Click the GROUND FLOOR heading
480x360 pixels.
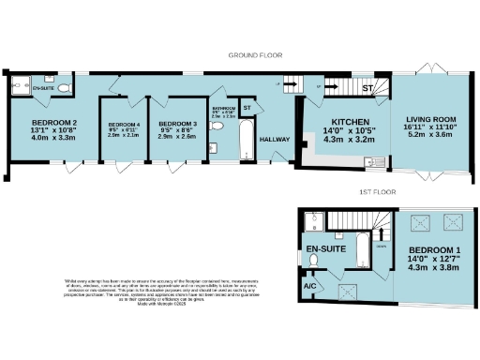coord(256,56)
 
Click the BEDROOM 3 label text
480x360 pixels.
coord(177,124)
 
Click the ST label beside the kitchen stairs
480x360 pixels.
coord(368,89)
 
